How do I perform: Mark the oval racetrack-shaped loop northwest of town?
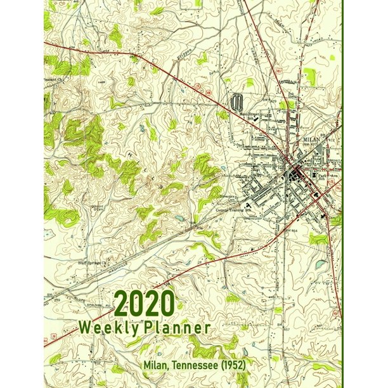coord(238,101)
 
